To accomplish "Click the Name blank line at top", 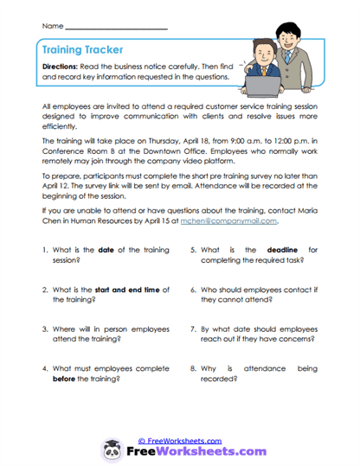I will (116, 28).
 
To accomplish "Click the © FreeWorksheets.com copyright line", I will (180, 440).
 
